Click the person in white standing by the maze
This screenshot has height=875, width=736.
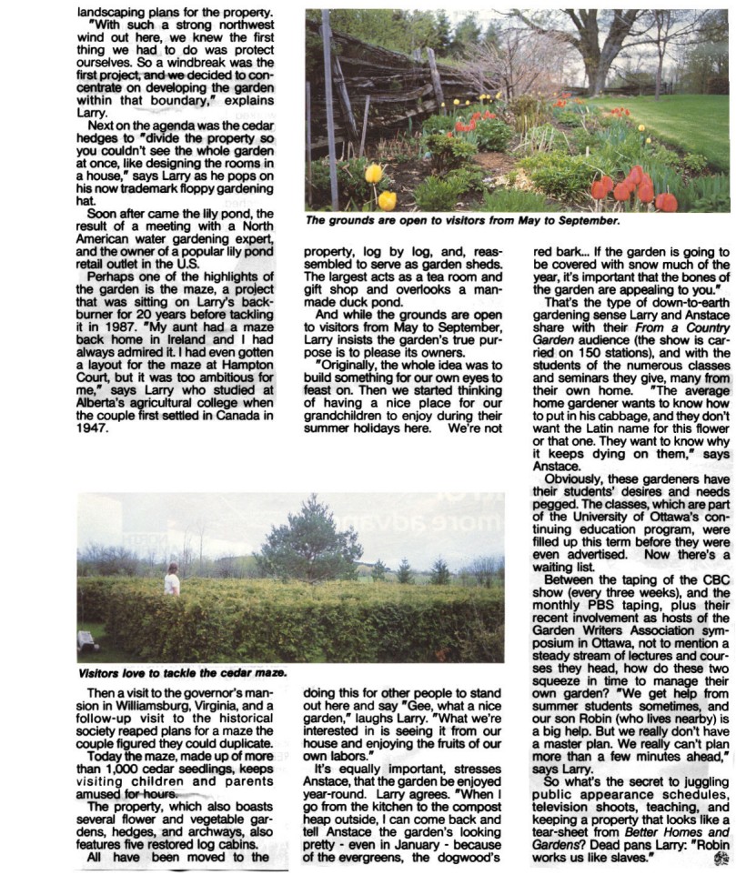coord(171,579)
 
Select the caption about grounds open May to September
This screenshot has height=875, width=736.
coord(462,220)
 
